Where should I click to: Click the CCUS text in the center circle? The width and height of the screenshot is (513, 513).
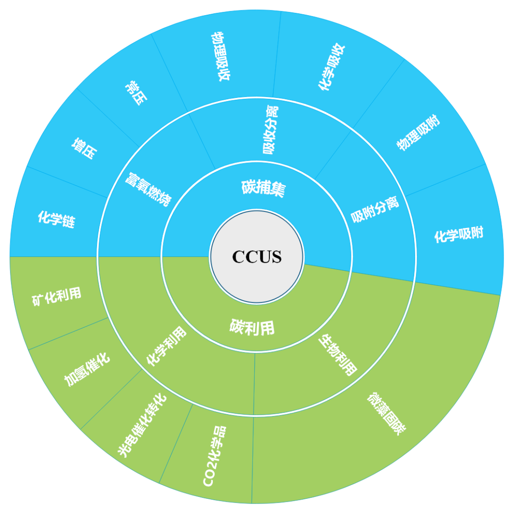(x=256, y=256)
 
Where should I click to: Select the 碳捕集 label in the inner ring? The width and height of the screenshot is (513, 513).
(x=263, y=188)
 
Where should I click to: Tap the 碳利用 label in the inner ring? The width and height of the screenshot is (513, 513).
(x=252, y=327)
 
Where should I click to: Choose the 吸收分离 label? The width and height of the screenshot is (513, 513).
(x=271, y=130)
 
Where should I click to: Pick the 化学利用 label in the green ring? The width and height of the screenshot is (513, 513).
(x=166, y=346)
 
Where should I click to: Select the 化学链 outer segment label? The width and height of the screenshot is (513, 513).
(x=57, y=219)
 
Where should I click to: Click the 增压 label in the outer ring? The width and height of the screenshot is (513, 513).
(x=85, y=148)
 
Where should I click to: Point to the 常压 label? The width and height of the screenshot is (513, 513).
(x=136, y=92)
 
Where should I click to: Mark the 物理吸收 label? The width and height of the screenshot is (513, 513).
(x=220, y=57)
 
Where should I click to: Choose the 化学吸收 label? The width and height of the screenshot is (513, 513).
(x=332, y=67)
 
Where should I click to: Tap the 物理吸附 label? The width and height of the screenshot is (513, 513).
(x=418, y=133)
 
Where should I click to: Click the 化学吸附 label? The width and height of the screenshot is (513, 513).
(x=458, y=235)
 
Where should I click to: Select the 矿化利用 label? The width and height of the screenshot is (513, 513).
(x=57, y=296)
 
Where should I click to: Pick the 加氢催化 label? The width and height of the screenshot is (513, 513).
(x=87, y=369)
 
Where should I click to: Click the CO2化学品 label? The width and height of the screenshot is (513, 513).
(x=214, y=456)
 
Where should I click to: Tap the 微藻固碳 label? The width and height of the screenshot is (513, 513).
(x=386, y=414)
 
